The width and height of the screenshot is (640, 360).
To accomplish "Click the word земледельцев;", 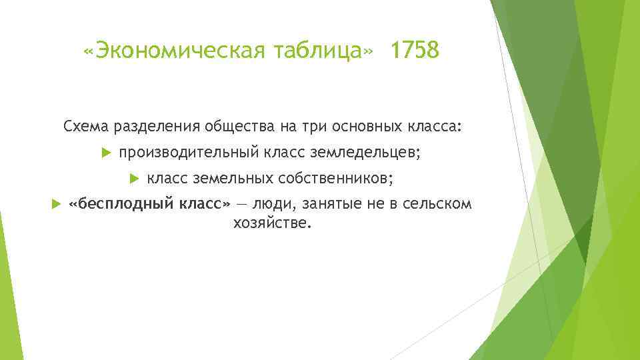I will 365,153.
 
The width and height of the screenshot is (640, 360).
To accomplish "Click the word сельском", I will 437,203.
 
